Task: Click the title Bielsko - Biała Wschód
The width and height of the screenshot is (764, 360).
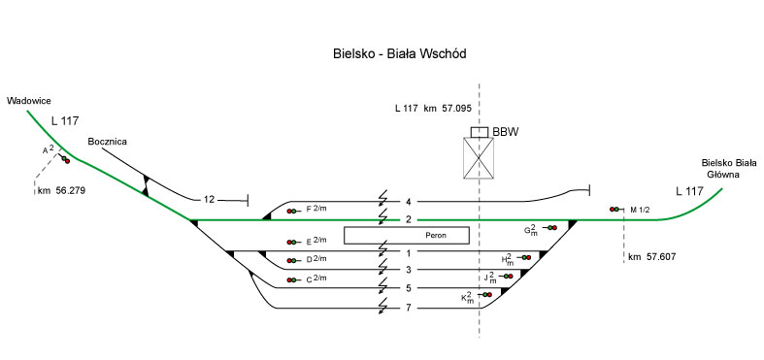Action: coord(400,53)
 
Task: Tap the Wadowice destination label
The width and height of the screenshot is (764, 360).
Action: coord(29,101)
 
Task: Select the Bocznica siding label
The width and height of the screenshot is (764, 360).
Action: coord(107,142)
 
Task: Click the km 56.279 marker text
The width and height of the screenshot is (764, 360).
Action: coord(61,191)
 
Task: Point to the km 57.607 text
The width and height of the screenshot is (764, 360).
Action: coord(652,257)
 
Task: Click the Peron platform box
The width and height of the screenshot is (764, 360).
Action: coord(407,235)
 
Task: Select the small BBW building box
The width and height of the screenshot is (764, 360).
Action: coord(480,132)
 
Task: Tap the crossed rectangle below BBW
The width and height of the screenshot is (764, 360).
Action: coord(478,158)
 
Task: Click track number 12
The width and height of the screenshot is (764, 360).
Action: coord(209,199)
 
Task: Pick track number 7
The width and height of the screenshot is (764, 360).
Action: coord(409,309)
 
